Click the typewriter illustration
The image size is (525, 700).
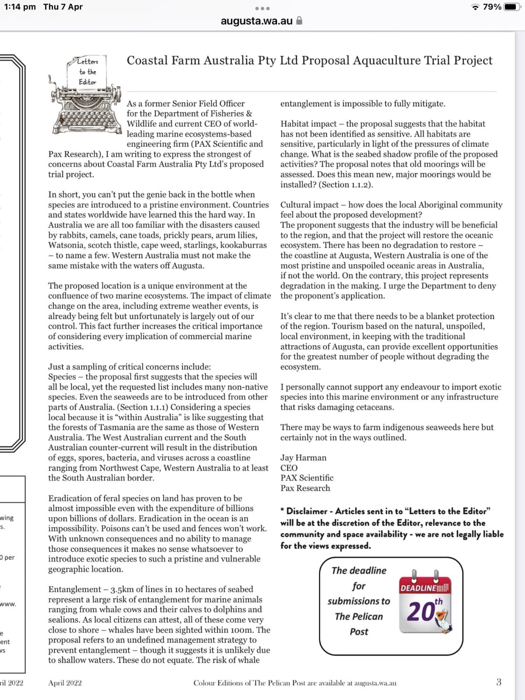[x=83, y=103]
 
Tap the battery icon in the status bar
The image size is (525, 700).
[x=511, y=7]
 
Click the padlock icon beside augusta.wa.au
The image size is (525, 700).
[x=300, y=21]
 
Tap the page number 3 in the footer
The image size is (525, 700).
[x=499, y=682]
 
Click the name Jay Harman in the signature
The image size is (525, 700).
[x=303, y=458]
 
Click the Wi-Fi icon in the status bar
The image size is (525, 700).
[x=475, y=7]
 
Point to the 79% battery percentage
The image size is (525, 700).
[x=492, y=7]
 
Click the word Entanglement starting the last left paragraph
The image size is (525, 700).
[x=74, y=589]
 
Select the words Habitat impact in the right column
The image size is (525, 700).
[x=308, y=124]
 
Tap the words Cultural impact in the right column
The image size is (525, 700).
[x=309, y=205]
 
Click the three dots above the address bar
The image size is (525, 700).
[x=262, y=8]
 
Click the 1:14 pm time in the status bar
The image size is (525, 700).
[x=20, y=7]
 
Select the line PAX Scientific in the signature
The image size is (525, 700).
[x=307, y=478]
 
